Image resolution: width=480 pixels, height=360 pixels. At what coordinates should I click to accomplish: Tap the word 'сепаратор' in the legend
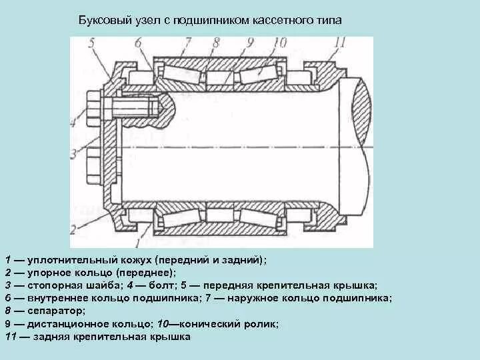pyautogui.click(x=57, y=311)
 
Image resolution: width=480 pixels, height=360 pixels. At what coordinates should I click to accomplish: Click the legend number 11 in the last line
pyautogui.click(x=10, y=337)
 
